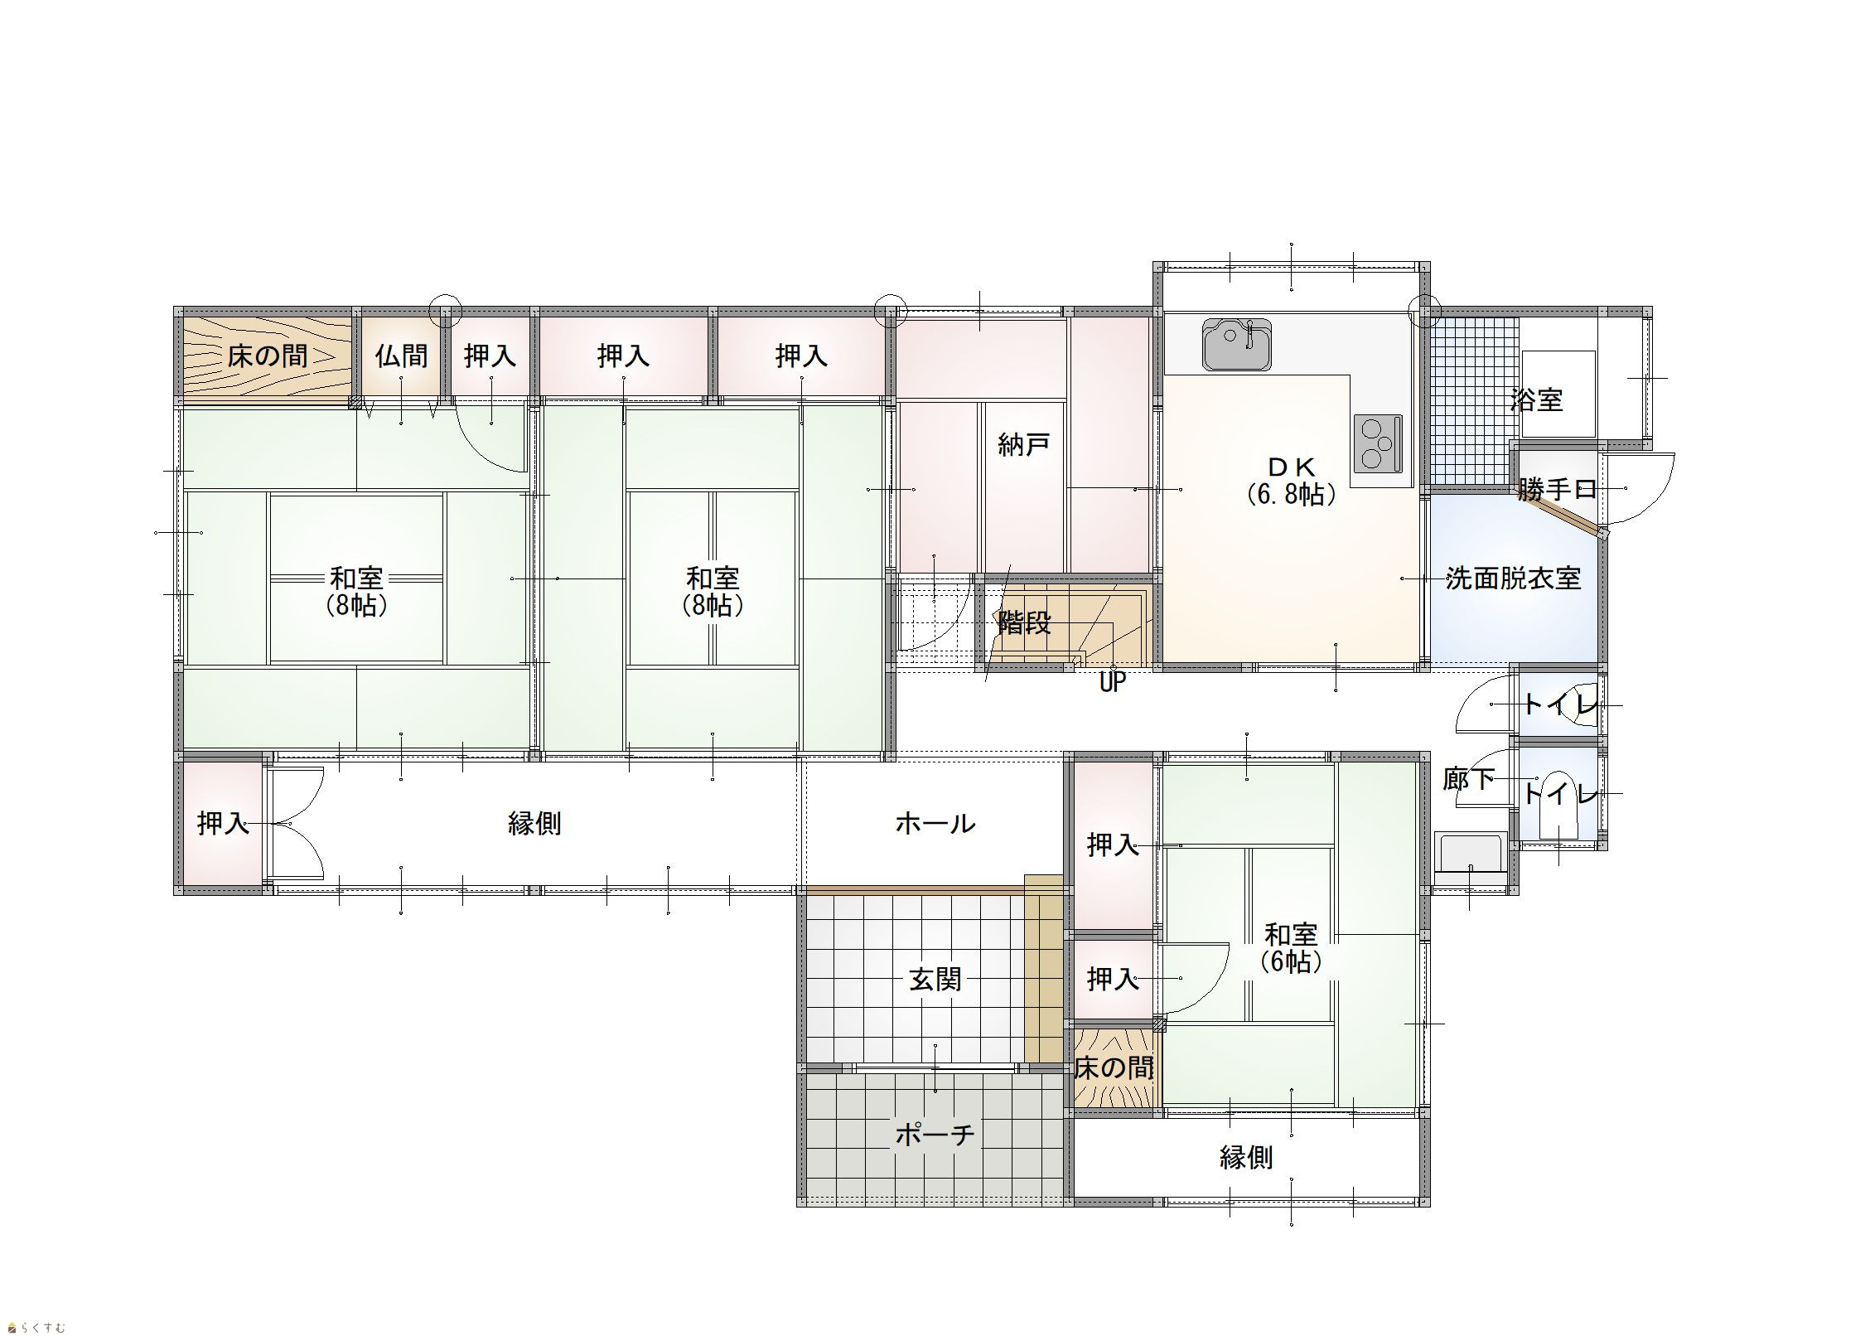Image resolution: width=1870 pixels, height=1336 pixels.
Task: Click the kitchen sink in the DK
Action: click(x=1236, y=344)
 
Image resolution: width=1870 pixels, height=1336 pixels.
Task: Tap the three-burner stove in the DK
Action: click(x=1378, y=445)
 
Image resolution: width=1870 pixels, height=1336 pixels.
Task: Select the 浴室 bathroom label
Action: click(x=1537, y=401)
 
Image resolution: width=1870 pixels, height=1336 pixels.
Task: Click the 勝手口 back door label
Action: click(x=1558, y=489)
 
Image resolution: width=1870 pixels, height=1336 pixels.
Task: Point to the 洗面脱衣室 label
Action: click(x=1514, y=578)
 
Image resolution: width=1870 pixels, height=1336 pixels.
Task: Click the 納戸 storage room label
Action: click(x=1024, y=445)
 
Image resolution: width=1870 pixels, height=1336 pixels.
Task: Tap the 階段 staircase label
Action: click(x=1025, y=622)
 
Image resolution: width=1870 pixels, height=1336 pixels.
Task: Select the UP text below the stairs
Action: click(x=1112, y=683)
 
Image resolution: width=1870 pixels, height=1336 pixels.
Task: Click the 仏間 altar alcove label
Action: click(x=402, y=356)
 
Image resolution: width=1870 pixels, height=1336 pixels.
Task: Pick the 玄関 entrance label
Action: click(x=935, y=980)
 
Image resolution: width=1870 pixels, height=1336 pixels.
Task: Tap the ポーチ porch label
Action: click(x=935, y=1135)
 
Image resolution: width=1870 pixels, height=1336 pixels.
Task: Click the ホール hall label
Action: click(x=935, y=823)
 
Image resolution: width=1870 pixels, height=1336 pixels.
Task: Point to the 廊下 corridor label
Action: click(x=1469, y=779)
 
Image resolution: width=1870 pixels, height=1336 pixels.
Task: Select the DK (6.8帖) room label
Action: click(x=1291, y=481)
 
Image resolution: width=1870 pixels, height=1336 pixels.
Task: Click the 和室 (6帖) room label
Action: click(x=1291, y=947)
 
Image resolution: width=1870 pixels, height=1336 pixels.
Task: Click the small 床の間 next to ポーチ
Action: click(x=1114, y=1068)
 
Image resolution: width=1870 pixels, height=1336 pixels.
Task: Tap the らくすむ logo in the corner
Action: click(x=34, y=1327)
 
